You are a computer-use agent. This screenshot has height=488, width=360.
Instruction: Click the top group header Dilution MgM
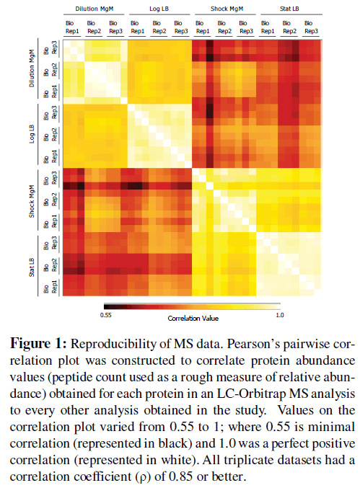coord(94,9)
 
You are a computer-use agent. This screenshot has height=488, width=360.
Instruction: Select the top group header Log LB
coord(159,9)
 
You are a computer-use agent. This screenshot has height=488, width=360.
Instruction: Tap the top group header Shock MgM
coord(227,9)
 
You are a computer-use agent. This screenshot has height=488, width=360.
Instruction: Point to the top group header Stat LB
coord(289,9)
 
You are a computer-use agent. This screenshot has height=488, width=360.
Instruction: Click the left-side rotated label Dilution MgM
coord(32,68)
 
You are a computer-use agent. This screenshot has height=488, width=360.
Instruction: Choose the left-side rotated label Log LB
coord(32,134)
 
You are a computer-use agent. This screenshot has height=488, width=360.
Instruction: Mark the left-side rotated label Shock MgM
coord(32,201)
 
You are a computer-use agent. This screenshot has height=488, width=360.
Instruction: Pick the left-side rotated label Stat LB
coord(32,267)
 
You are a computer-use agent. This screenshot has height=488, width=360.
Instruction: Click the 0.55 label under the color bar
coord(105,315)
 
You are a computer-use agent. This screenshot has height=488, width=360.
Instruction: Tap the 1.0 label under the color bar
coord(280,315)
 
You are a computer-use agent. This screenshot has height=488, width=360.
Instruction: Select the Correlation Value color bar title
coord(193,319)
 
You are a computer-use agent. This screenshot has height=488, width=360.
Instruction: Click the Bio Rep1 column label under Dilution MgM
coord(72,27)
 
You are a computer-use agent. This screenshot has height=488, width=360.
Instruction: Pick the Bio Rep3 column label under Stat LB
coord(311,27)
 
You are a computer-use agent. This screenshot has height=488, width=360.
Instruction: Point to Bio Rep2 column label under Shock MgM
coord(224,27)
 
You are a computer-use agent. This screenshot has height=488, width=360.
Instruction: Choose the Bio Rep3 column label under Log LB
coord(181,27)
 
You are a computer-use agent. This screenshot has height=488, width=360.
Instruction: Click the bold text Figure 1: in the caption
coord(38,344)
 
